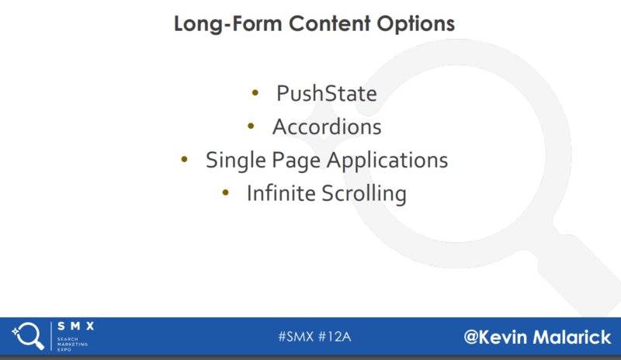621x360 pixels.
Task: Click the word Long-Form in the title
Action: click(x=227, y=24)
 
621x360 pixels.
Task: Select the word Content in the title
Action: click(x=329, y=23)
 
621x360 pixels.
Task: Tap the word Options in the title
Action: click(x=415, y=25)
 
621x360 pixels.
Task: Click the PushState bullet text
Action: click(x=327, y=93)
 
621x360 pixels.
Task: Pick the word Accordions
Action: click(x=327, y=126)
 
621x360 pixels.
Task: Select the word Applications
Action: click(x=387, y=161)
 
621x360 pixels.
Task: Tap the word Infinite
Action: click(x=281, y=193)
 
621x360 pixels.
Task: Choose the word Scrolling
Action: click(x=364, y=194)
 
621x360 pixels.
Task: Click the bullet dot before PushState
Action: click(x=255, y=93)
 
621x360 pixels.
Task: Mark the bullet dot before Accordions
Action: click(x=251, y=126)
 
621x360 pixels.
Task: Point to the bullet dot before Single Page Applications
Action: click(x=184, y=160)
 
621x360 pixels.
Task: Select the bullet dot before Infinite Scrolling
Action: click(x=225, y=193)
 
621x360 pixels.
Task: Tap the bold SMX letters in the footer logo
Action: click(x=75, y=327)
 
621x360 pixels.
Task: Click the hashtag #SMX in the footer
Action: click(x=296, y=337)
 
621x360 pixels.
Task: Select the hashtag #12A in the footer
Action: click(x=335, y=337)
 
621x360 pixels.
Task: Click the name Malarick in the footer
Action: click(x=572, y=337)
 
